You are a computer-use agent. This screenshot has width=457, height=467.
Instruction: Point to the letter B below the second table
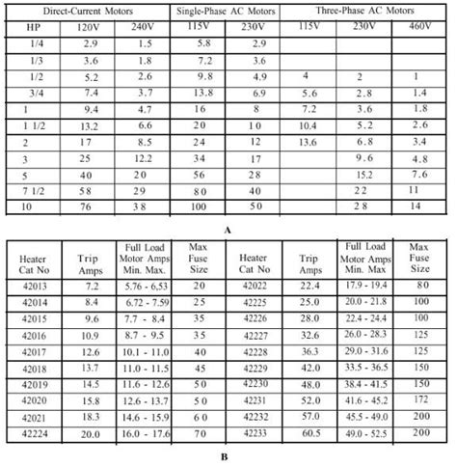click(x=229, y=459)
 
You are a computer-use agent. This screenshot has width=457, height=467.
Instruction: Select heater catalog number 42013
click(x=35, y=287)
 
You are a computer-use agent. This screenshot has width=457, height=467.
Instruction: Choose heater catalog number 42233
click(x=255, y=436)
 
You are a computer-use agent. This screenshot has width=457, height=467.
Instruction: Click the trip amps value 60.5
click(x=309, y=436)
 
